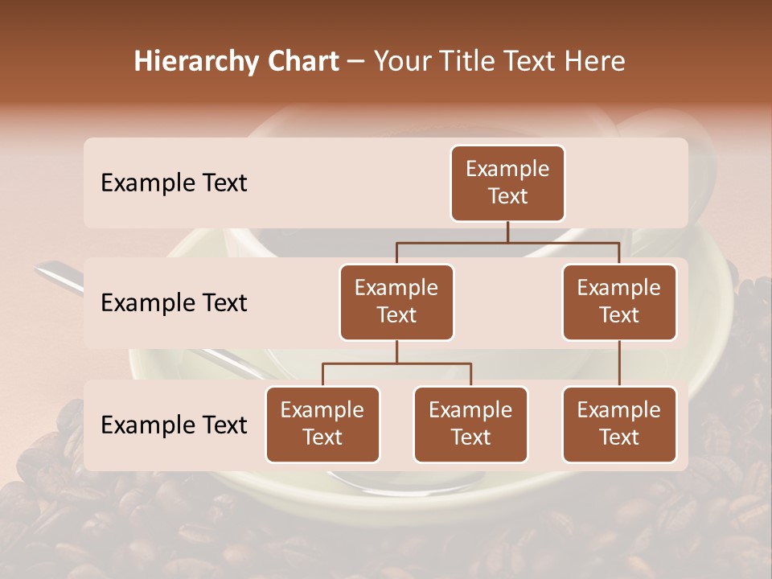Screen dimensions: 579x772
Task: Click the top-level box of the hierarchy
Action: [507, 183]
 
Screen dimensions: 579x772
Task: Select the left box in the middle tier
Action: [396, 302]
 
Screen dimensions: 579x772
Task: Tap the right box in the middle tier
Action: [619, 302]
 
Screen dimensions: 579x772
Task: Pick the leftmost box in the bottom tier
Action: [322, 424]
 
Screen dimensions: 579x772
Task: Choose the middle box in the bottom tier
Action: [470, 424]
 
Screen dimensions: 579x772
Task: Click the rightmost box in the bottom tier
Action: [619, 424]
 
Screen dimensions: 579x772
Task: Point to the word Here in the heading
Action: [597, 61]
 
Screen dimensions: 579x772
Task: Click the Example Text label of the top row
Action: [174, 183]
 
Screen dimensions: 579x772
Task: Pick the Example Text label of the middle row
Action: [174, 302]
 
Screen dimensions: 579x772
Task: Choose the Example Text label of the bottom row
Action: [174, 425]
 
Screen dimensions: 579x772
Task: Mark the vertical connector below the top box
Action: [507, 232]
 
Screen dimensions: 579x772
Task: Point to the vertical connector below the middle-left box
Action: [396, 351]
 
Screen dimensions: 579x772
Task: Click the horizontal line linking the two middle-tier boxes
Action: [507, 242]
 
